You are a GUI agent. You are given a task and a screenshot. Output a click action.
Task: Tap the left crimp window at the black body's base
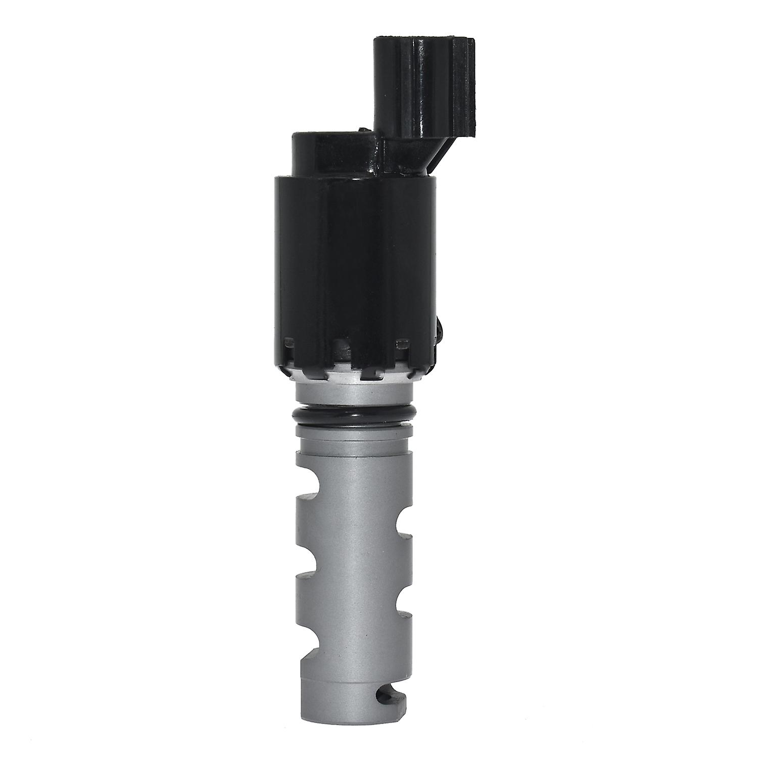(289, 344)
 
